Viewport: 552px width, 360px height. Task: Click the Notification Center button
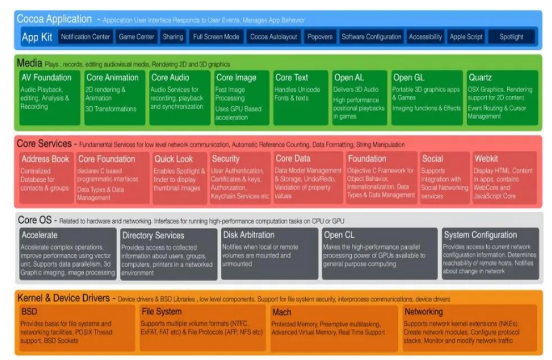(85, 37)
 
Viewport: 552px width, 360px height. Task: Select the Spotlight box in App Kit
(512, 37)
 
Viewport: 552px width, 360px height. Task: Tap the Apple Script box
(466, 37)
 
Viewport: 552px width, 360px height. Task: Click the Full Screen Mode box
(216, 37)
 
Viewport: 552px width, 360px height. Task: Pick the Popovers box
(320, 37)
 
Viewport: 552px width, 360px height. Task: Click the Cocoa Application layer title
(54, 19)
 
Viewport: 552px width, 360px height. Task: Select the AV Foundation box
(49, 97)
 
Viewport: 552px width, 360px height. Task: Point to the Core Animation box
(114, 97)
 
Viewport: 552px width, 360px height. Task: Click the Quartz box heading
(481, 78)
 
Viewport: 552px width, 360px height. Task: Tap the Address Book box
(45, 177)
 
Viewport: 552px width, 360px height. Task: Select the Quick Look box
(179, 177)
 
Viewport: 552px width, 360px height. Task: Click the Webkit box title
(486, 159)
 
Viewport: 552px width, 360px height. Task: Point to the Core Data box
(307, 177)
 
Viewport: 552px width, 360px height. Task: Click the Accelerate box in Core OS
(68, 253)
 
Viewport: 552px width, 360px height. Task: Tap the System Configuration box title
(479, 235)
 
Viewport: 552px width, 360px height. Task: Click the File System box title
(161, 312)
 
